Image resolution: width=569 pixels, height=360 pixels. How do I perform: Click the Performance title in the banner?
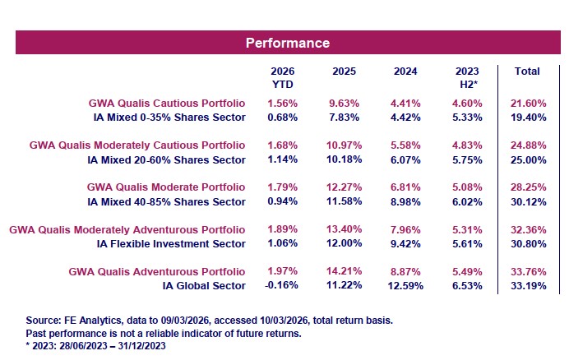[288, 42]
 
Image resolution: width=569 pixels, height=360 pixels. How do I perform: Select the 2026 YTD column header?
[282, 77]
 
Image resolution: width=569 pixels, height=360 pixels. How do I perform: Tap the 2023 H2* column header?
[466, 77]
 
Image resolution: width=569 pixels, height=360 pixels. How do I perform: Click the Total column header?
[526, 72]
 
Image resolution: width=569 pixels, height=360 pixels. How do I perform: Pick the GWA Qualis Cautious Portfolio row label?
[167, 104]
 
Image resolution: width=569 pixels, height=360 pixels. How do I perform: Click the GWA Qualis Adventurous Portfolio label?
[160, 271]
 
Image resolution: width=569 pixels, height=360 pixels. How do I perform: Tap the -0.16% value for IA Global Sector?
[281, 285]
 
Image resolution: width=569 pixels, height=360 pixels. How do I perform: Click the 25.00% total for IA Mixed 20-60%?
[526, 159]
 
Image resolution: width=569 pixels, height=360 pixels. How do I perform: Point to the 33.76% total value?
[526, 271]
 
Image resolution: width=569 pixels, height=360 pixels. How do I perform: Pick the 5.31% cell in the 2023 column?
[466, 229]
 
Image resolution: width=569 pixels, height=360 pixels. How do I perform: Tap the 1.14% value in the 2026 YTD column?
[282, 159]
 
